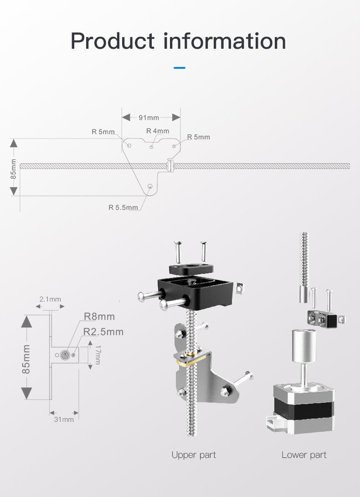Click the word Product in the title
pos(113,41)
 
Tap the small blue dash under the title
pos(180,68)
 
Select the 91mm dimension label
pos(149,118)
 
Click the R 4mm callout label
pos(158,131)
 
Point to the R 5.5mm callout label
pos(123,207)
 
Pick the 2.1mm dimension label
pos(50,299)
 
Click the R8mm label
pos(99,317)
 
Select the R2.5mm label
pos(103,332)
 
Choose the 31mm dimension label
pos(64,419)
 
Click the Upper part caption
pos(194,455)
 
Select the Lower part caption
pos(304,455)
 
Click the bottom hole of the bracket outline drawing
pos(151,186)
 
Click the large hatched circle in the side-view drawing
pos(64,354)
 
